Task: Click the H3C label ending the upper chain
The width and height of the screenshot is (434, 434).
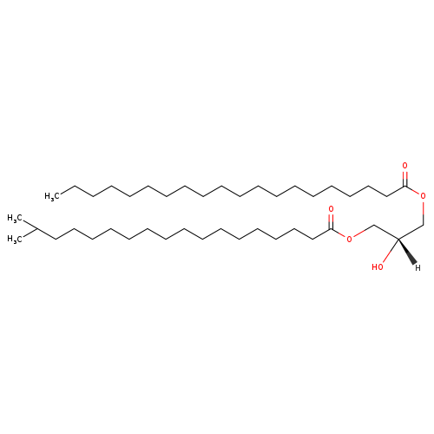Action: tap(52, 196)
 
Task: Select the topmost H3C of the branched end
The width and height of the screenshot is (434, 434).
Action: tap(15, 218)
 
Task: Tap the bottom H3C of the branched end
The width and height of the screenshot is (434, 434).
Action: tap(15, 239)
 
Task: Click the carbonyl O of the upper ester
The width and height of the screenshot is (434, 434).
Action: tap(404, 166)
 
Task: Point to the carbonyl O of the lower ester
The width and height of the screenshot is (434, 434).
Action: tap(332, 208)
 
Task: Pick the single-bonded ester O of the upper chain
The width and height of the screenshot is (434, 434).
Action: tap(423, 196)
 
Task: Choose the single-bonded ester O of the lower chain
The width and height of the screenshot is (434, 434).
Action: tap(350, 240)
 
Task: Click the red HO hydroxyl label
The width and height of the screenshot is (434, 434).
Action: tap(378, 266)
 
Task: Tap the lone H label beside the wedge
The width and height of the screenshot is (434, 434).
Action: tap(418, 268)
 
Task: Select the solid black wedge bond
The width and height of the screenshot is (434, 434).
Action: tap(407, 251)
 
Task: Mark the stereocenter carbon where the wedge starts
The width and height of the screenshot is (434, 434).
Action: tap(398, 240)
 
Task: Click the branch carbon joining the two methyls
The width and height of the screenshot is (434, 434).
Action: tap(37, 228)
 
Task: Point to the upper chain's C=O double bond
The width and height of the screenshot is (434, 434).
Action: tap(405, 179)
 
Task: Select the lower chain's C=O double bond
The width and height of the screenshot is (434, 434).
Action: tap(332, 221)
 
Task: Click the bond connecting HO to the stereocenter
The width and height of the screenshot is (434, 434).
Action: tap(390, 251)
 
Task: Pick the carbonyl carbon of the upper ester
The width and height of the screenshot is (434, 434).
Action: tap(405, 186)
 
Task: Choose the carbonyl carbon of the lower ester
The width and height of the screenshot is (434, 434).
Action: tap(332, 228)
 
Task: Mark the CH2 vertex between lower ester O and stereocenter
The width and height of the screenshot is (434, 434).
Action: tap(374, 225)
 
